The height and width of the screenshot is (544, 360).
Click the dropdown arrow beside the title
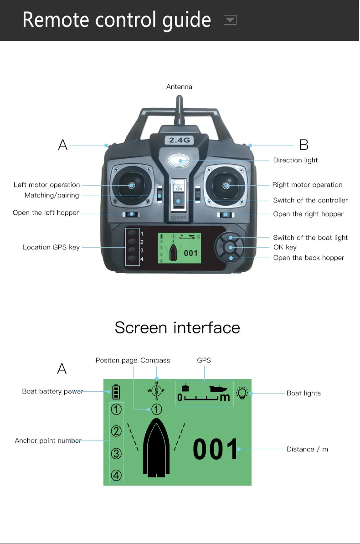[230, 20]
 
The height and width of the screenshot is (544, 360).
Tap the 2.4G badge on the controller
[180, 140]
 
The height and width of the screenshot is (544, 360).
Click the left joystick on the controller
[131, 185]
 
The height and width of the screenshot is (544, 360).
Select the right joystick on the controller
[227, 186]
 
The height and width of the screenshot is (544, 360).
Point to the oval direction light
[180, 161]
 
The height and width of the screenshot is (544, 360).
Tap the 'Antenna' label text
[179, 87]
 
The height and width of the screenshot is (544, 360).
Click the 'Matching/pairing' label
[51, 196]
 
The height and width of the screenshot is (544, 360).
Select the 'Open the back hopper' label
[309, 258]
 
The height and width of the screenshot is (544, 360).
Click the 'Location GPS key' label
[51, 247]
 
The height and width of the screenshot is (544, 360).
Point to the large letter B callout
[304, 145]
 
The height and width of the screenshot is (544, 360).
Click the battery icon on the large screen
[117, 392]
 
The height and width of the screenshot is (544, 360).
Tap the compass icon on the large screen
[156, 391]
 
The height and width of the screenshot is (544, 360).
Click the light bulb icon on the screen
[242, 394]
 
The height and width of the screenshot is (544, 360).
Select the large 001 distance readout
[216, 450]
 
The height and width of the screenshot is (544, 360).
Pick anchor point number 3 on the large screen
[116, 454]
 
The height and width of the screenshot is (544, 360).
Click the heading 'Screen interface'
[177, 327]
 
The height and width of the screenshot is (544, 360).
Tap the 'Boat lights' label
[303, 393]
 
